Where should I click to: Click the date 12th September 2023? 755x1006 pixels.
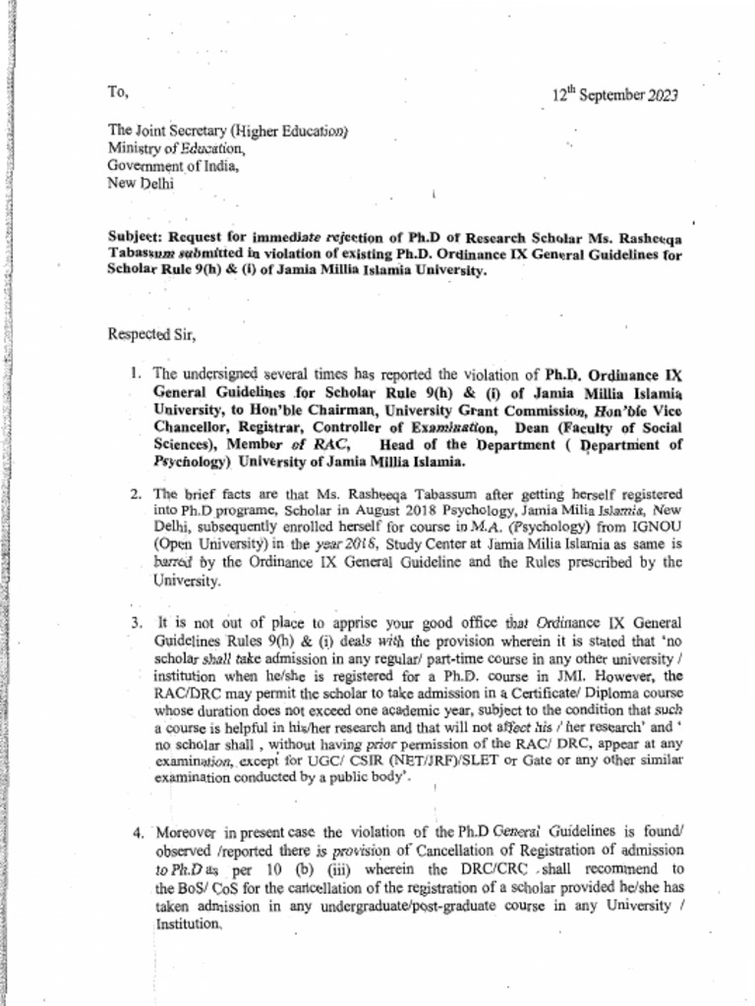pos(613,96)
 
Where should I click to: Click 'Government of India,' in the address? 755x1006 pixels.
pos(173,165)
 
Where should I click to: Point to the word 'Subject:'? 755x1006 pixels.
pos(136,237)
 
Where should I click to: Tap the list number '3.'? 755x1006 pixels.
pos(137,623)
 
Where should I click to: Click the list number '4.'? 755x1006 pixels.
pos(138,833)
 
